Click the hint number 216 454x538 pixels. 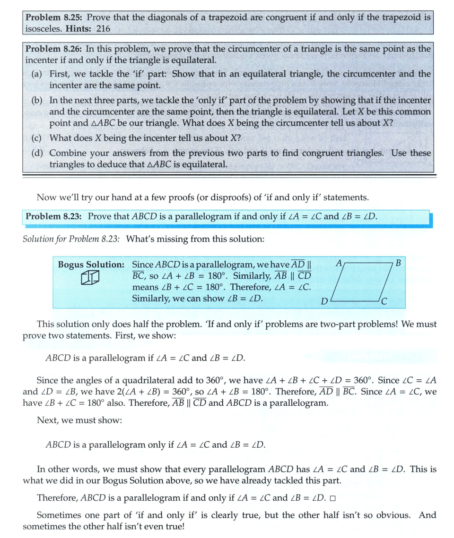click(x=103, y=29)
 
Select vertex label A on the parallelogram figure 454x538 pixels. click(x=339, y=262)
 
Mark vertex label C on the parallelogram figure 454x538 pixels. click(x=384, y=301)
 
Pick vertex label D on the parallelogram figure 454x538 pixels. click(x=324, y=301)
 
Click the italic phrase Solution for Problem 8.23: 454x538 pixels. click(x=71, y=239)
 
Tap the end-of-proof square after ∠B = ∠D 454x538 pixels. click(x=332, y=499)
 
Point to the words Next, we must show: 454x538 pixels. click(x=79, y=420)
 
